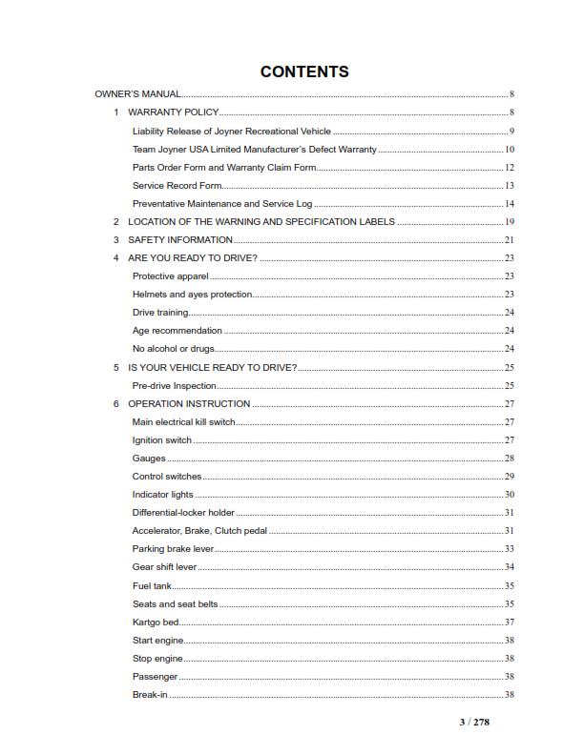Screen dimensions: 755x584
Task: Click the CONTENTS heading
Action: (x=304, y=71)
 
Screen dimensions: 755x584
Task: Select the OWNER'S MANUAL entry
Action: (x=137, y=94)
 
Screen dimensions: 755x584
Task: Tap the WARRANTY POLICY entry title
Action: (x=173, y=112)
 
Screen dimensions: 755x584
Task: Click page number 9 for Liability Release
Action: (x=511, y=131)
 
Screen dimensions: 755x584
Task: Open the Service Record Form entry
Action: (x=177, y=185)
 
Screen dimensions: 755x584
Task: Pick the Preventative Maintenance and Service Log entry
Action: (x=222, y=204)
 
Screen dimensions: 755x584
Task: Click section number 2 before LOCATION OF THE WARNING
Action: (x=116, y=221)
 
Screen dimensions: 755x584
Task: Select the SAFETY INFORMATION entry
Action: (x=180, y=239)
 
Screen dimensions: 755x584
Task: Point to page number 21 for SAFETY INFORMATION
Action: (x=510, y=239)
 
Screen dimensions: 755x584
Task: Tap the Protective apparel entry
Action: (x=170, y=275)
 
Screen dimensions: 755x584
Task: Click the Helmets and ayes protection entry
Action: (x=192, y=295)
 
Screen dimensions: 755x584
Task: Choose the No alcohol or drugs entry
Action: (x=173, y=349)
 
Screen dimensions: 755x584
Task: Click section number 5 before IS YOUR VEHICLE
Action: (x=116, y=367)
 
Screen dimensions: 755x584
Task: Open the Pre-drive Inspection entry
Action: (x=174, y=385)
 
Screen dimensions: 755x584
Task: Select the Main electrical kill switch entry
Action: (x=183, y=421)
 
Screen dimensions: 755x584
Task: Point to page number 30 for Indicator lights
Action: (x=510, y=495)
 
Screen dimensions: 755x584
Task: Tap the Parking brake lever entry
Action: (x=173, y=549)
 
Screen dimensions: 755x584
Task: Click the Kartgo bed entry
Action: (x=154, y=622)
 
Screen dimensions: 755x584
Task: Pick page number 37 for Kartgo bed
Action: (x=510, y=622)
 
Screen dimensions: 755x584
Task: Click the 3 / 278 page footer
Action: (x=473, y=722)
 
